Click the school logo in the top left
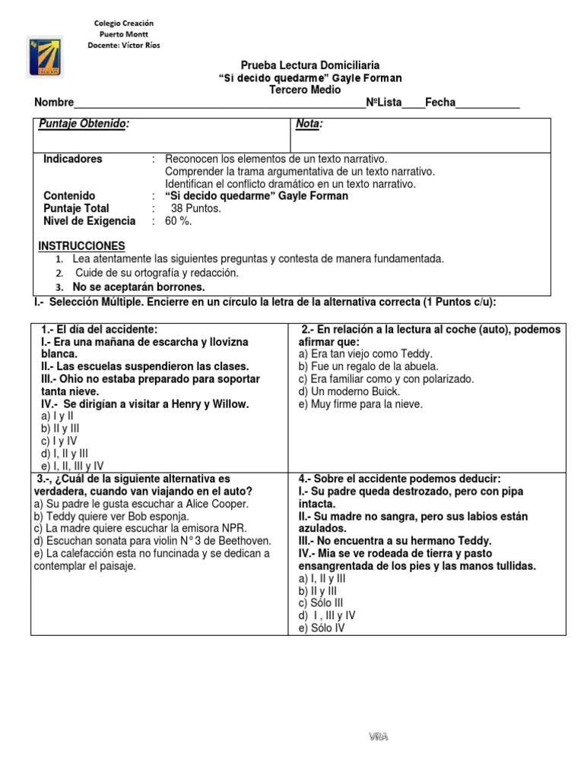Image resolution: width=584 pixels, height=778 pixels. pyautogui.click(x=46, y=55)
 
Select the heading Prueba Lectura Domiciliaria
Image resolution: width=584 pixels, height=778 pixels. pyautogui.click(x=309, y=66)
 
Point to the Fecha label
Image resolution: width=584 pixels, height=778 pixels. pyautogui.click(x=440, y=103)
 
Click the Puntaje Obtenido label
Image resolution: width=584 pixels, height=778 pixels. pyautogui.click(x=84, y=124)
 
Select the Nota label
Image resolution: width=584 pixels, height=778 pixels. pyautogui.click(x=309, y=124)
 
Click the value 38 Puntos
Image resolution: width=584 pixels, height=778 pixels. pyautogui.click(x=196, y=208)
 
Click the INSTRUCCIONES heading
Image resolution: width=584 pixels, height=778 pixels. pyautogui.click(x=81, y=246)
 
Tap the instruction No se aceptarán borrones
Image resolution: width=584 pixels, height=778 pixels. pyautogui.click(x=138, y=287)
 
